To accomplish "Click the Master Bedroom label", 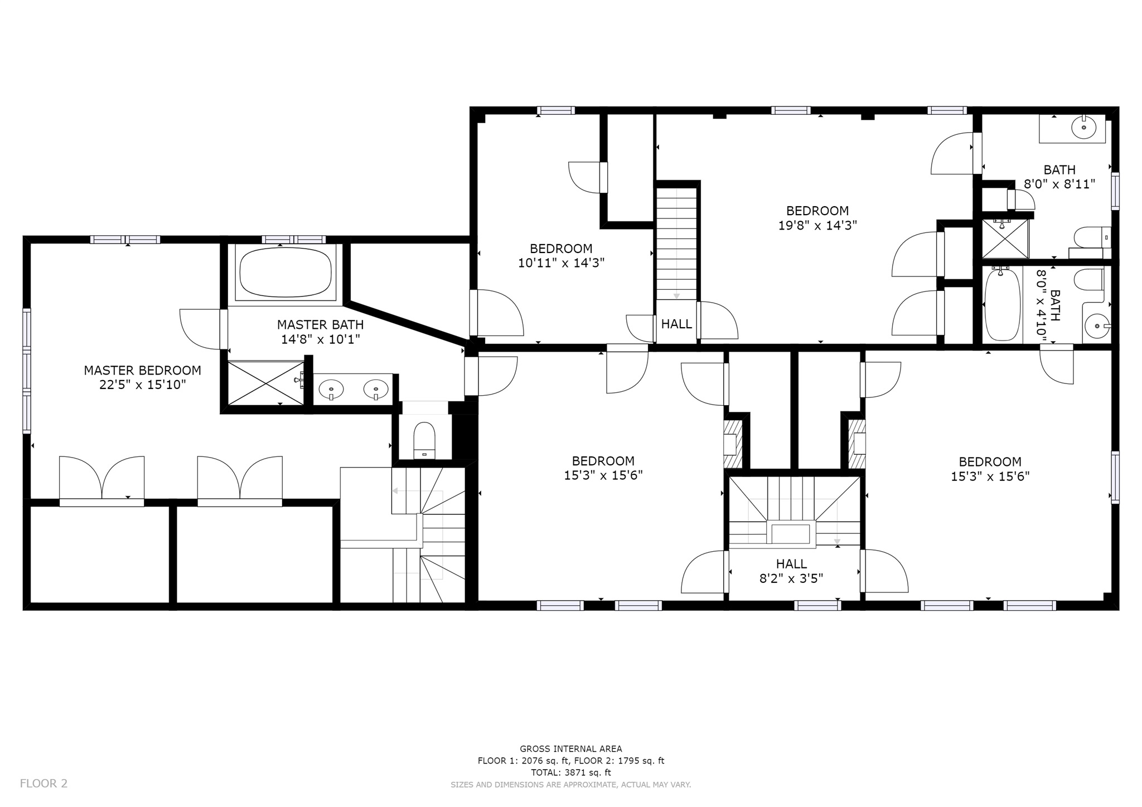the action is [x=143, y=370].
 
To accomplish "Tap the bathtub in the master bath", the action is [x=285, y=274].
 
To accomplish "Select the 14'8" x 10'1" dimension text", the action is [x=321, y=339].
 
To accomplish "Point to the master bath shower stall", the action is [x=266, y=383].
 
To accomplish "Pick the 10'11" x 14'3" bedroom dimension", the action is [x=562, y=263].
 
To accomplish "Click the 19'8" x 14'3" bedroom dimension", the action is [x=817, y=225].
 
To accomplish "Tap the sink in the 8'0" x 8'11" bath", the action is [x=1083, y=128].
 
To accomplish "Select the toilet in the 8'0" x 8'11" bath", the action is [x=1092, y=239].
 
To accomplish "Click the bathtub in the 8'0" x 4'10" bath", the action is [x=1002, y=304].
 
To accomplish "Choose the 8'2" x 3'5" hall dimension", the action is [x=791, y=578].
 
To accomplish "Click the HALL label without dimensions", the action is [x=676, y=324].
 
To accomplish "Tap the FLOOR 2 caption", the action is [x=43, y=784].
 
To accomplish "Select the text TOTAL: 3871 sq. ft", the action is [x=571, y=772].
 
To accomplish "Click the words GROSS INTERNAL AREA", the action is [x=571, y=749].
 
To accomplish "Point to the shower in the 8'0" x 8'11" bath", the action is [x=1005, y=239].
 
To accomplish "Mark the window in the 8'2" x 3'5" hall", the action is [x=817, y=605].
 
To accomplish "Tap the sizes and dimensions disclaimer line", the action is [x=571, y=785].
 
